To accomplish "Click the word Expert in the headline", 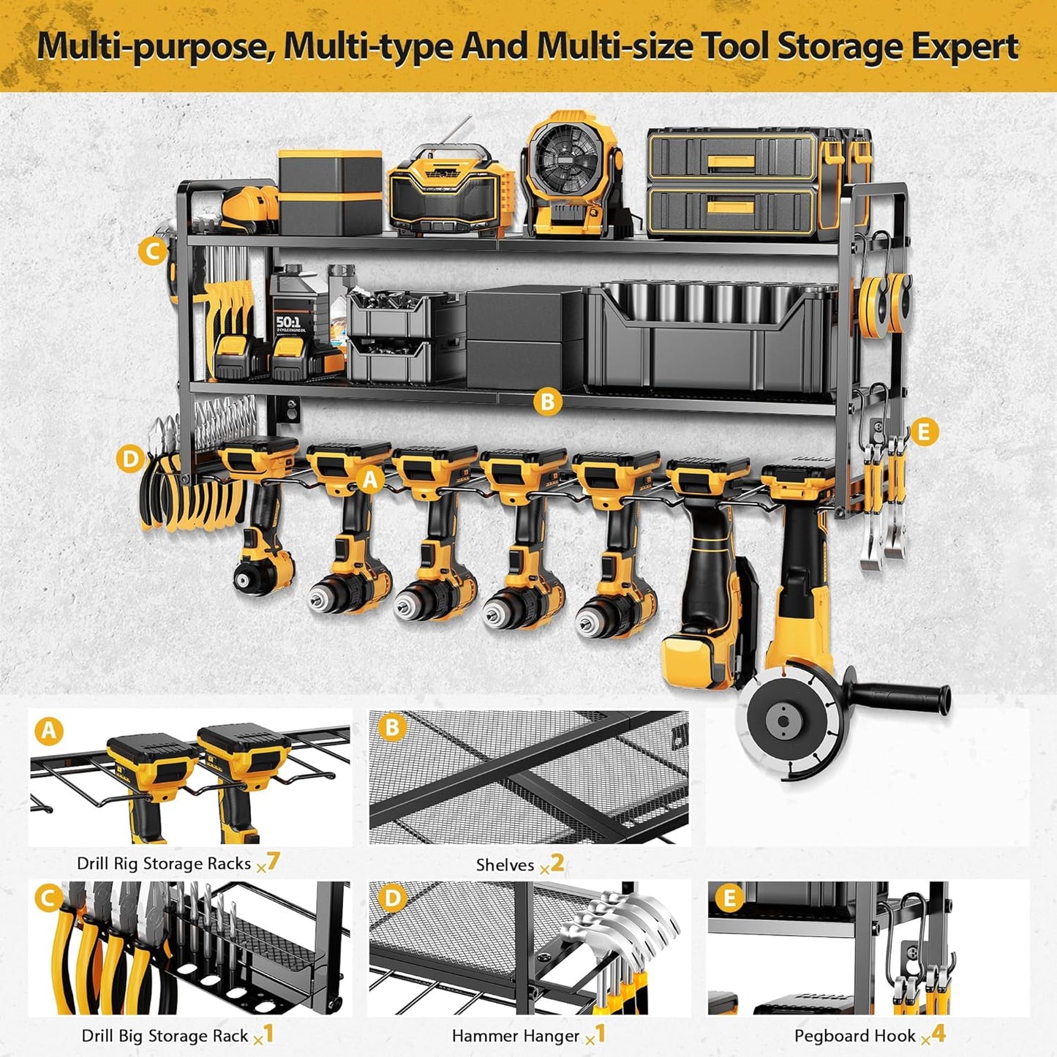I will pos(958,46).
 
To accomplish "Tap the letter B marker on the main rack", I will pos(547,401).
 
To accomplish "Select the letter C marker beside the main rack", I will pos(152,252).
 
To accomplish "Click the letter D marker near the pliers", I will pos(130,459).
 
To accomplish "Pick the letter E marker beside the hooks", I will pos(923,432).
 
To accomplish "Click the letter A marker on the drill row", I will pos(370,480).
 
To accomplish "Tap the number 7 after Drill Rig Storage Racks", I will pos(273,861).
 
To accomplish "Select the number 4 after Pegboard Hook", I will pos(938,1034).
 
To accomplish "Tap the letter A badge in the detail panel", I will pos(50,731).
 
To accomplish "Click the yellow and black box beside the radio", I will pos(330,192).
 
